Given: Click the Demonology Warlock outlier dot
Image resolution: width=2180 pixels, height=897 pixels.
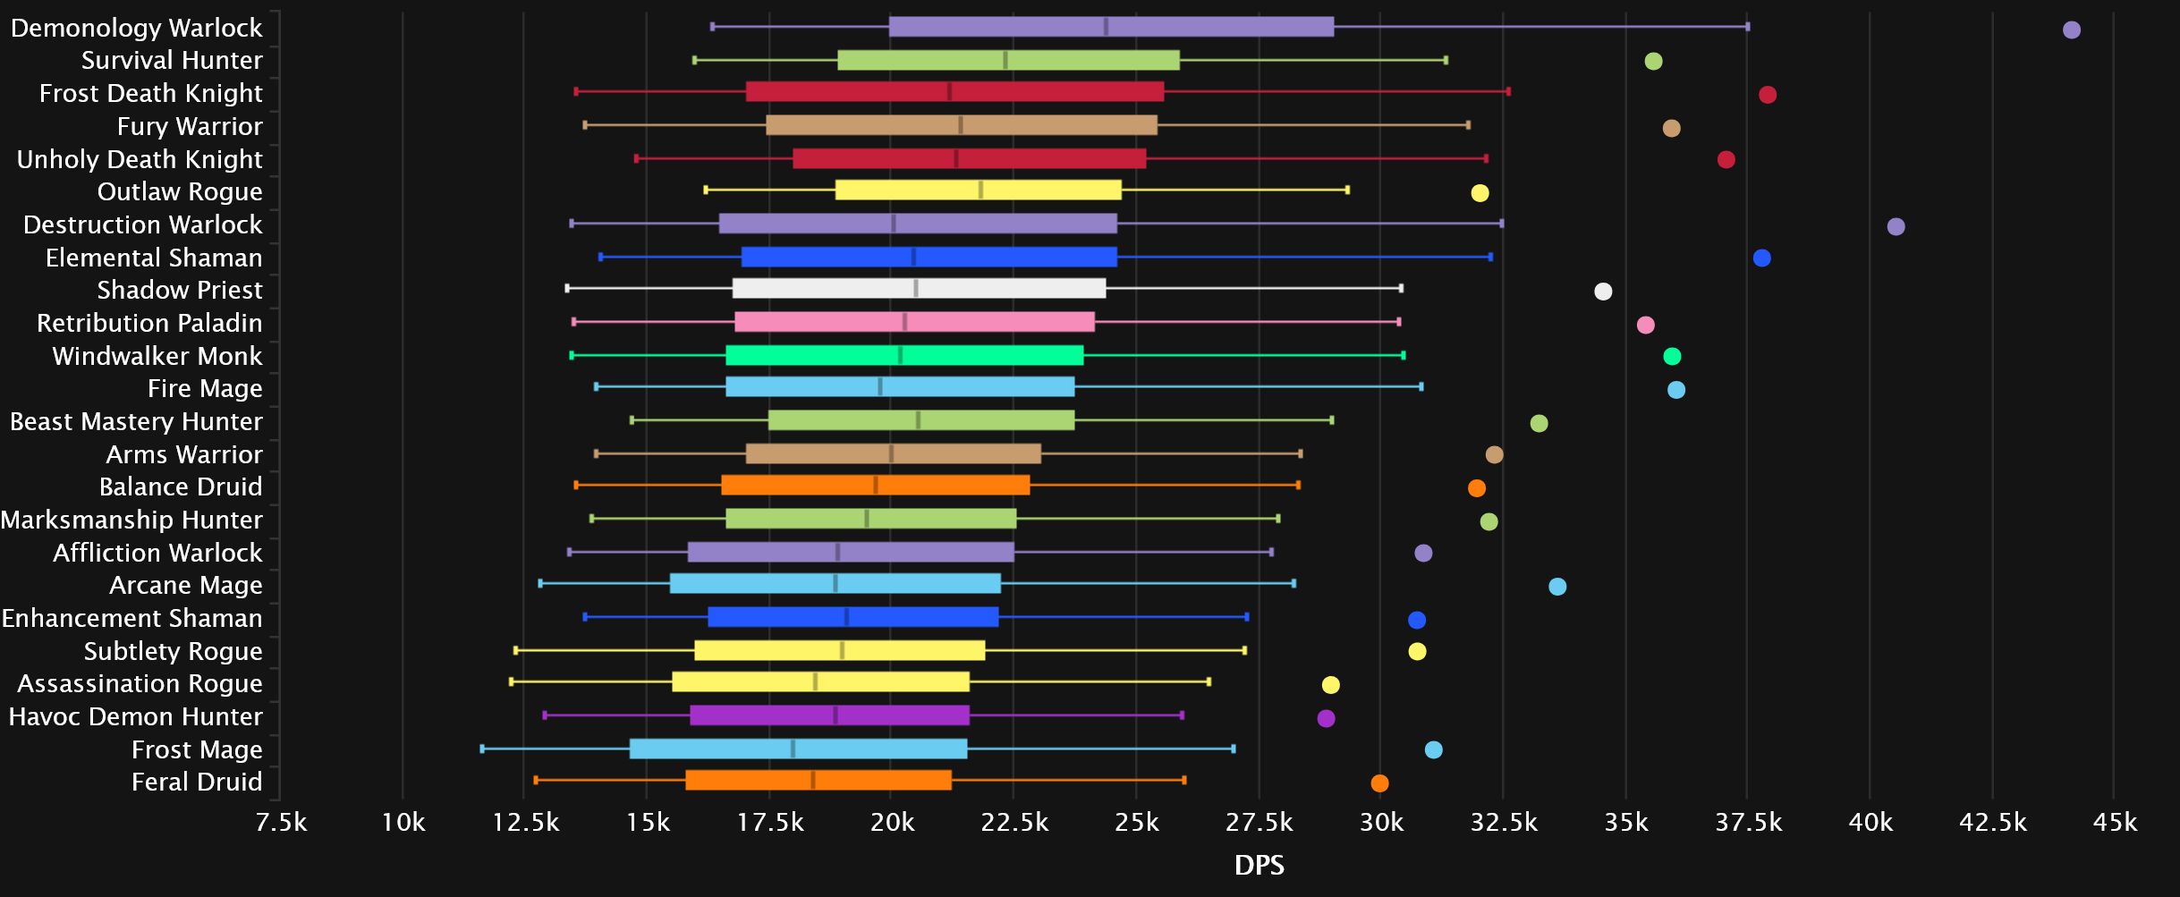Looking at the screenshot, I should point(2071,30).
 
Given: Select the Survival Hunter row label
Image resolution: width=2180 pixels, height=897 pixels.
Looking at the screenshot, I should point(172,60).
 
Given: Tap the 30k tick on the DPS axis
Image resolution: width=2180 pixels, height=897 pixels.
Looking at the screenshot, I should point(1381,823).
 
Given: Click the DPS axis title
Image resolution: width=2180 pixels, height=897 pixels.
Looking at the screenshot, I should point(1259,865).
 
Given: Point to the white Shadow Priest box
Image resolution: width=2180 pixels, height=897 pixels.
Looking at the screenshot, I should point(919,288).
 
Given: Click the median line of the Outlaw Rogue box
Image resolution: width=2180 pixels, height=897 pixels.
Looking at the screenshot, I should point(980,190).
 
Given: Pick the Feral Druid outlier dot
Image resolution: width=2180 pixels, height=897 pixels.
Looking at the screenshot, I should point(1379,783).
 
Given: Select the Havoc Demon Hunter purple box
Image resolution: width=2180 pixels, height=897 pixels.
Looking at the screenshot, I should point(829,715).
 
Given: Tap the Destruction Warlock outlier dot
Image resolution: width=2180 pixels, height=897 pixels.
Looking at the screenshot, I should point(1896,226).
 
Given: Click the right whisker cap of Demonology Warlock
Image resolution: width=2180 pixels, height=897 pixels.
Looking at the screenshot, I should point(1747,27).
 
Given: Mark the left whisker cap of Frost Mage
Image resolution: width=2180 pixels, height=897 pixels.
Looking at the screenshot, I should point(482,749).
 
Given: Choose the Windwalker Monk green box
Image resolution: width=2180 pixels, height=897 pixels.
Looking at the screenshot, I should point(903,355).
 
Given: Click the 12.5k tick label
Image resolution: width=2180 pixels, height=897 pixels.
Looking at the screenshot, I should point(525,823).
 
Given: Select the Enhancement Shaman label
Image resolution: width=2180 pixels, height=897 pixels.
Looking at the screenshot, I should point(132,618).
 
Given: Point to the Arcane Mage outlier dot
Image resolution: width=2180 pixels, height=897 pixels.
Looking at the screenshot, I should point(1557,587).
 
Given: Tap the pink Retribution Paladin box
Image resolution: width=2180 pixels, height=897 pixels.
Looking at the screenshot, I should point(914,322).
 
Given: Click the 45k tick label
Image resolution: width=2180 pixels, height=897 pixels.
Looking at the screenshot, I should point(2114,823).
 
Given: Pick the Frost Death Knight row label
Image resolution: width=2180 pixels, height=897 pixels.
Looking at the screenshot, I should point(150,93).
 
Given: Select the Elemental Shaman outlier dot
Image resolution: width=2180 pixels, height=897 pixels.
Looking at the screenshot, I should point(1761,258).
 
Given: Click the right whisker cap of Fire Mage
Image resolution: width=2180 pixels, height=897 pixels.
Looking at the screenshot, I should point(1421,386).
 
